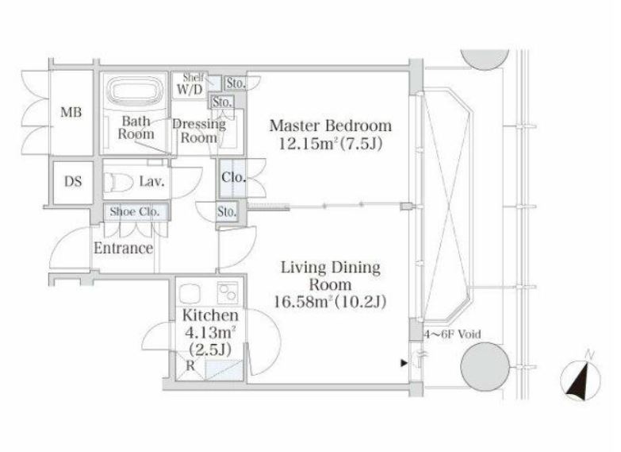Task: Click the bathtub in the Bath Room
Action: [136, 92]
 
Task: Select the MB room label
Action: [71, 112]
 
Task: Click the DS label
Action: [73, 182]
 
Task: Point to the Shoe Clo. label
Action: [135, 211]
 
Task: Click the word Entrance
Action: [123, 249]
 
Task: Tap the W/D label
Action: [190, 90]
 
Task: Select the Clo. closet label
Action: [234, 177]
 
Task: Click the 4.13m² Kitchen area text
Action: [210, 332]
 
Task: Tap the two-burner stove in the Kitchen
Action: [228, 293]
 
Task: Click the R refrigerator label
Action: [190, 366]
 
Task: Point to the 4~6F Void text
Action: [453, 334]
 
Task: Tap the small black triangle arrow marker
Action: [404, 363]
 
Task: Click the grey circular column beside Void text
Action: [485, 367]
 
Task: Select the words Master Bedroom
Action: [331, 126]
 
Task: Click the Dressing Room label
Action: [199, 131]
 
